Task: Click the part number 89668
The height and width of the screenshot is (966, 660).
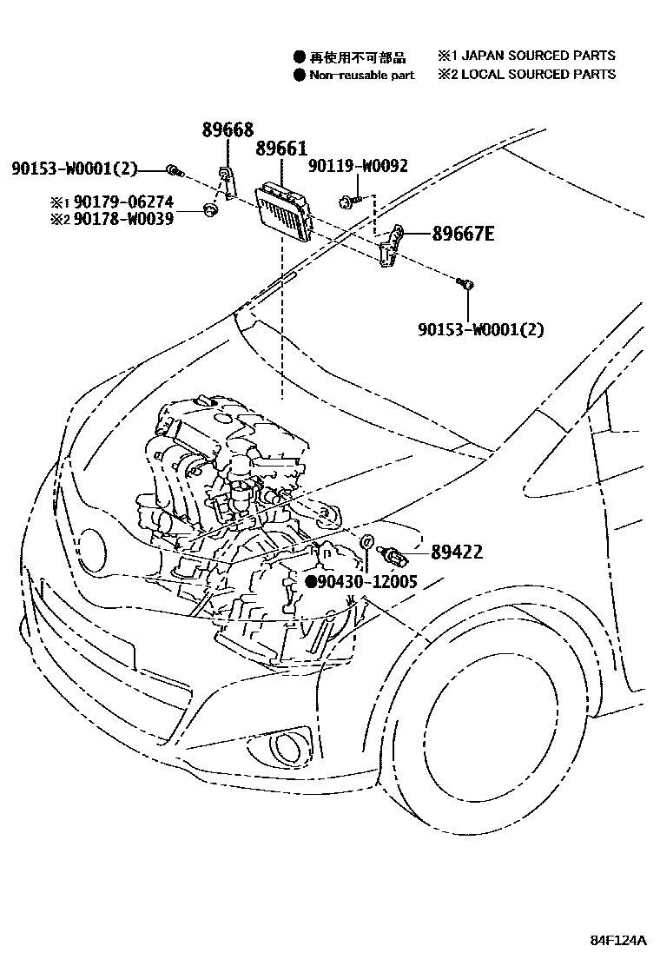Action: click(228, 130)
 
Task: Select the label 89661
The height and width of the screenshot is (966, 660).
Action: click(281, 149)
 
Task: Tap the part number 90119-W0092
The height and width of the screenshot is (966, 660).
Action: click(358, 165)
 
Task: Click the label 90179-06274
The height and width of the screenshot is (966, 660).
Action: click(129, 202)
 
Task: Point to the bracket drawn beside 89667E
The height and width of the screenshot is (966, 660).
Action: click(393, 247)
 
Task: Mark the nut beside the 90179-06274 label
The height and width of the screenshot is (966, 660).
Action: click(208, 210)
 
